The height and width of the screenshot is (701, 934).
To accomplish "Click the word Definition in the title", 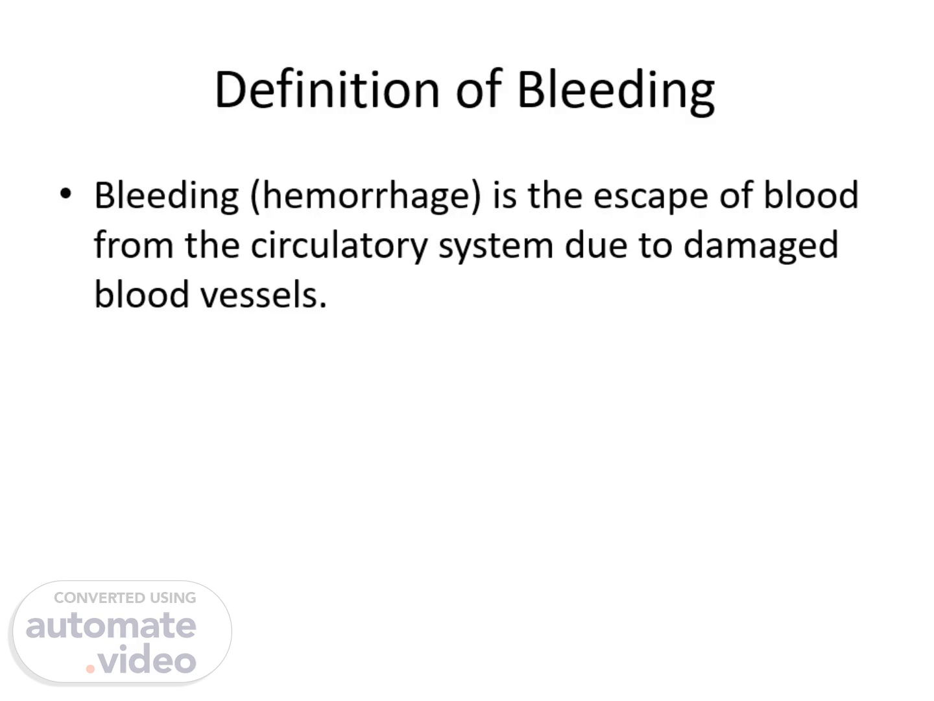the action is pos(327,90).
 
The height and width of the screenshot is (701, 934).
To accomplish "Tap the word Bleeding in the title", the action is pos(616,92).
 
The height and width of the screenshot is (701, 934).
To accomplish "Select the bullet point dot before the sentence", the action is pos(66,194).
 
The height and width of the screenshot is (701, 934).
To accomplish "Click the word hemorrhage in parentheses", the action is pos(366,196).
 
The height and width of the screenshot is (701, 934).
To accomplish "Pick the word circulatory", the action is pos(339,245).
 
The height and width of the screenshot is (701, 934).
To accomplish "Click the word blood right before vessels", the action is pos(141,293).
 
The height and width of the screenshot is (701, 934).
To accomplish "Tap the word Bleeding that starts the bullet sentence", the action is pos(167,196).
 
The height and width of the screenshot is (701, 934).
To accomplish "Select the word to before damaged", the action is pos(656,246).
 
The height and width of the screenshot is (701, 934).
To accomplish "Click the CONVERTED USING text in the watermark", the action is pos(125,598).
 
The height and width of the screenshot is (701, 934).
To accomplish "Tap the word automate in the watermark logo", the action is pos(111,626).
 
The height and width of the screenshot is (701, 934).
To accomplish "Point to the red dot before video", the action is pos(90,669).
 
